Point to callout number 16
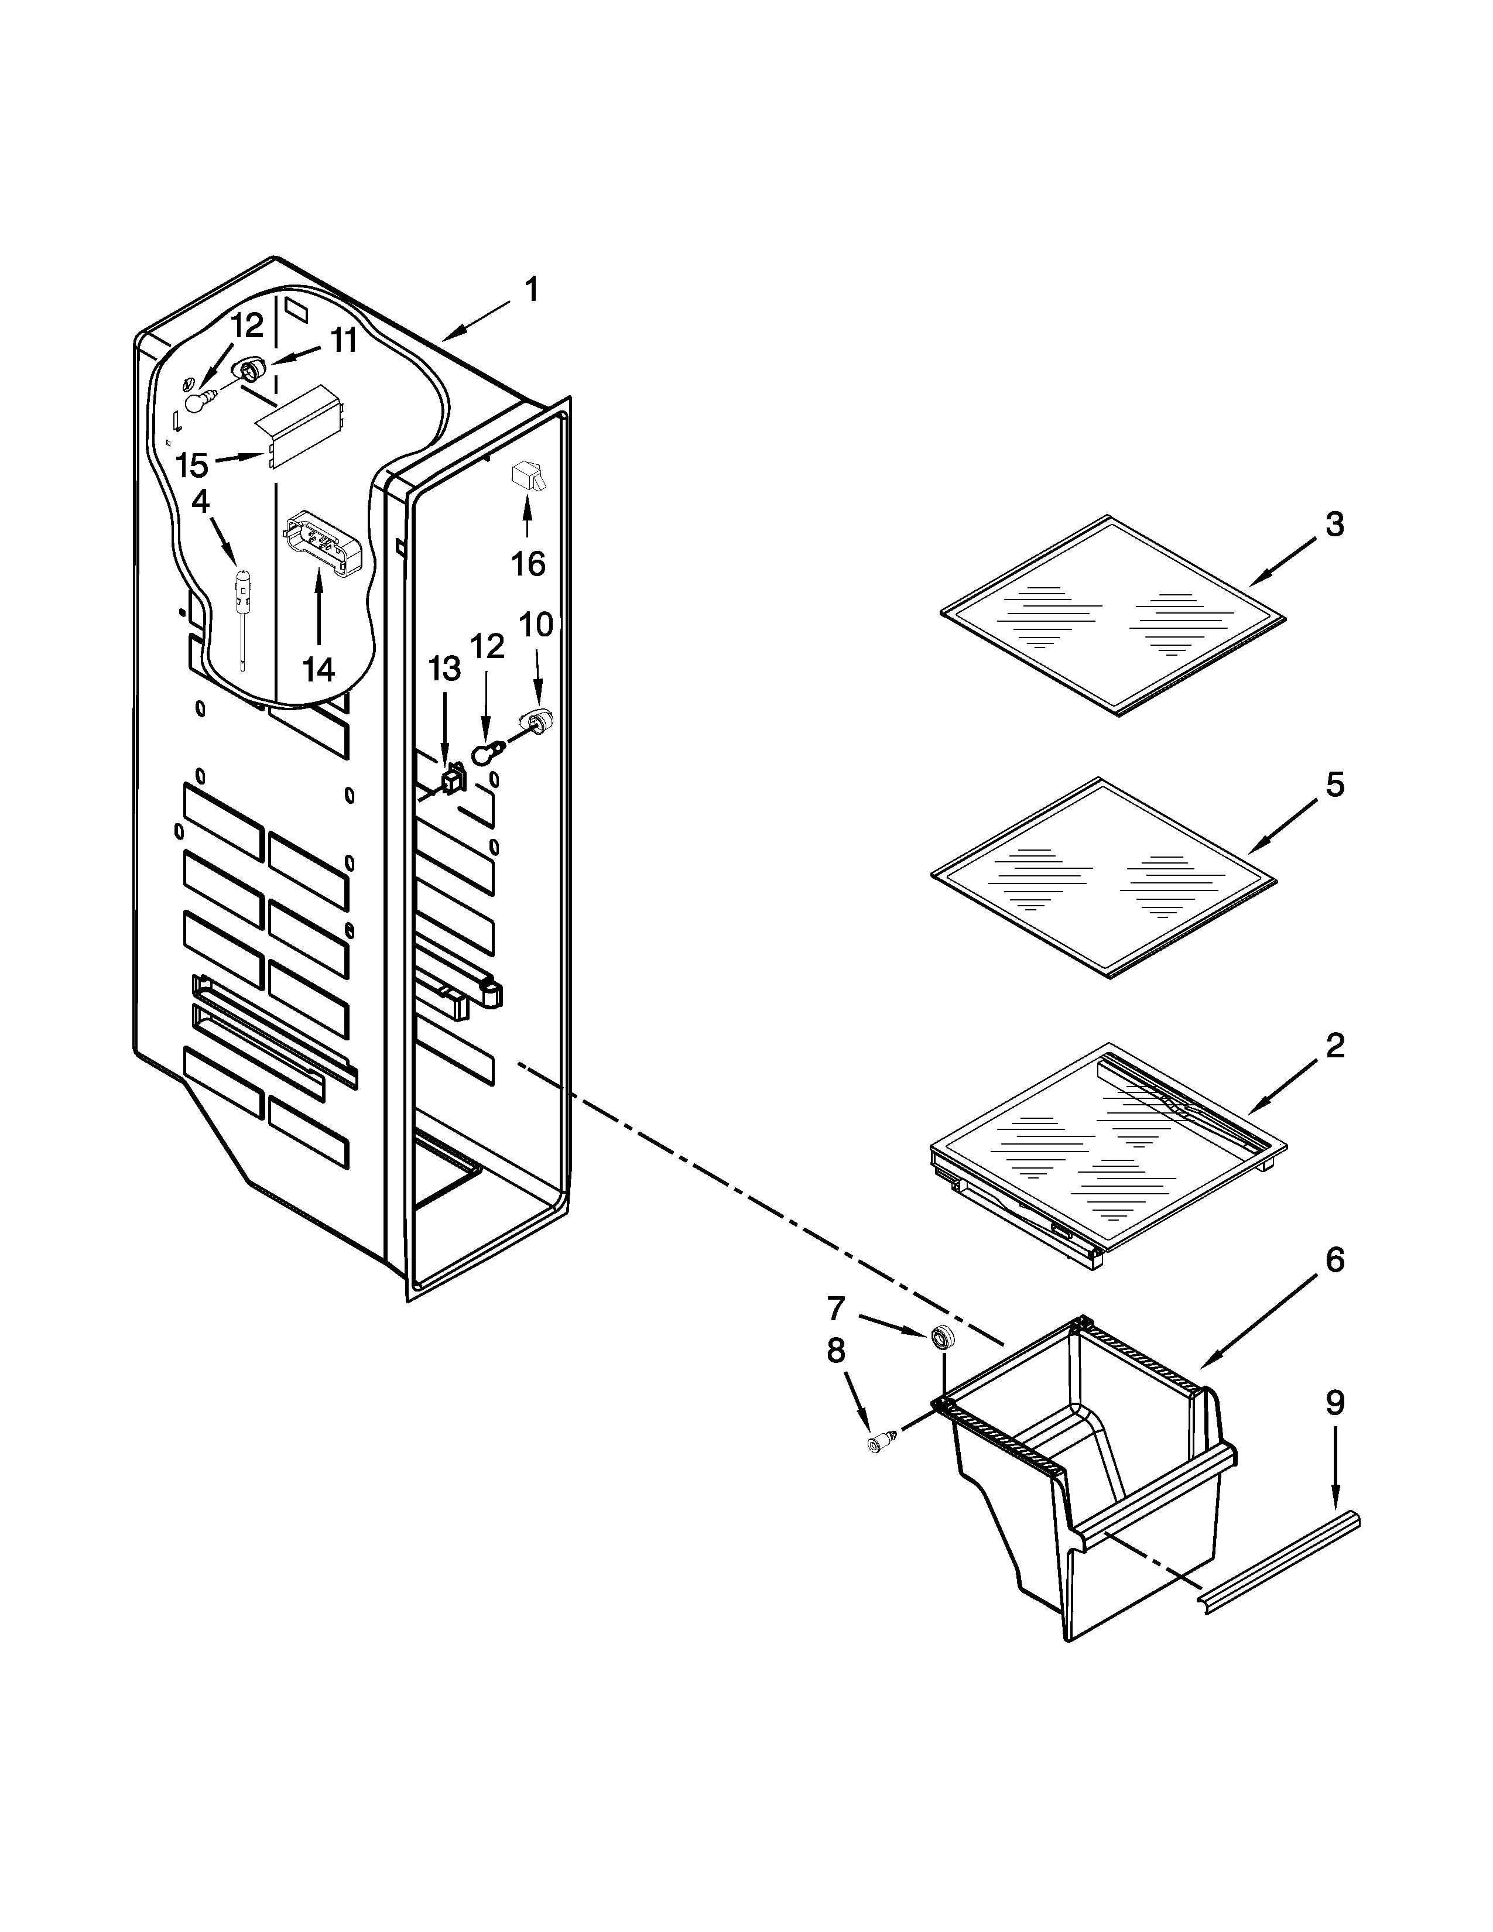[x=528, y=563]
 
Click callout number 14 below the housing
[x=319, y=670]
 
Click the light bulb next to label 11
[x=197, y=403]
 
